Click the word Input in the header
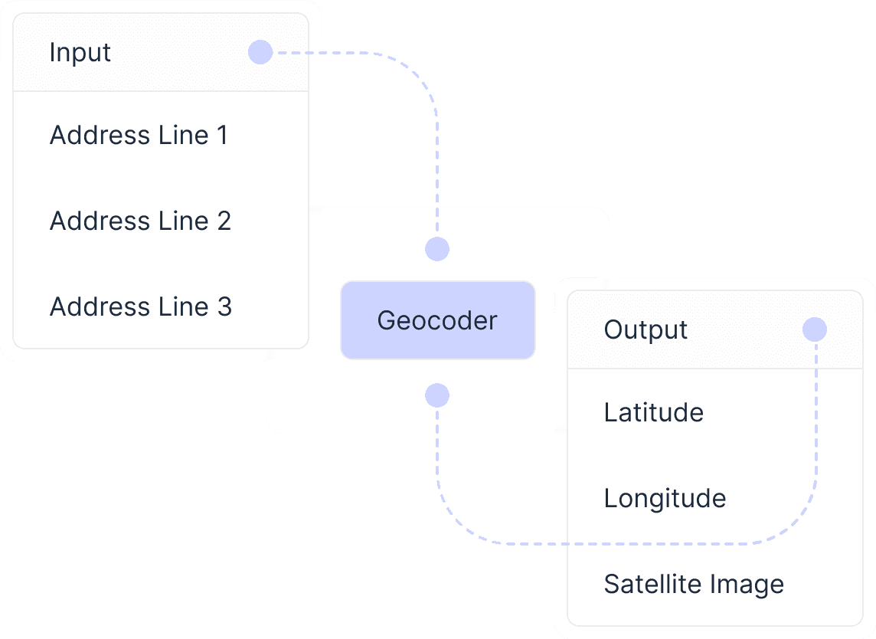(80, 53)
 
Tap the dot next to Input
(260, 52)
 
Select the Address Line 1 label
(139, 136)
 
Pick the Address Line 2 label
(140, 221)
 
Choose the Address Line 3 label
(140, 307)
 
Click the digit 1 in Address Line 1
(222, 136)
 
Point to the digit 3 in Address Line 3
(224, 307)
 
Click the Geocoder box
(437, 320)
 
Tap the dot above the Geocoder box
(437, 249)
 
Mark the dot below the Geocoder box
(437, 395)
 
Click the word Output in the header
(646, 330)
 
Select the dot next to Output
(815, 329)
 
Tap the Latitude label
(653, 413)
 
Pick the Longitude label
(665, 499)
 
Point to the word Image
(747, 585)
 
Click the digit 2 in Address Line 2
(224, 221)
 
